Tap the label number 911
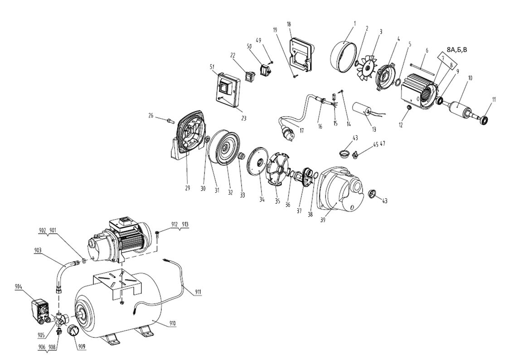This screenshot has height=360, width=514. pyautogui.click(x=198, y=292)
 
